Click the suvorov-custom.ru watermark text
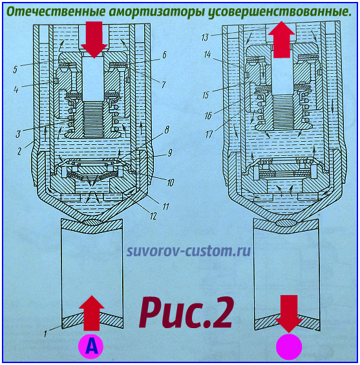click(189, 250)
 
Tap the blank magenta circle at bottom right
click(289, 346)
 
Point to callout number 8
click(168, 131)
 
